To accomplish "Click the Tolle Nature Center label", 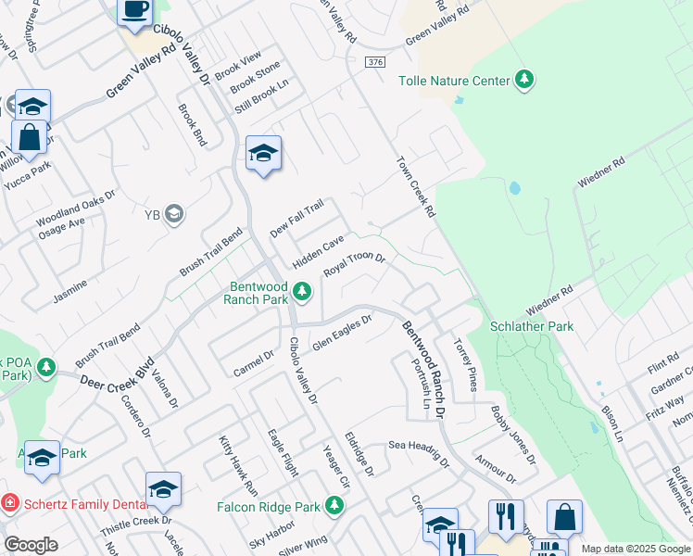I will tap(454, 81).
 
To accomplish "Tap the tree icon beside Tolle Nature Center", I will tap(525, 80).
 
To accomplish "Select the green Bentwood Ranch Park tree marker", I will tap(301, 293).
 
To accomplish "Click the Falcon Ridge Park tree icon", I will tap(334, 506).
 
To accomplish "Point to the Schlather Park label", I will tap(531, 326).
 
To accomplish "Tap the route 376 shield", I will tap(373, 62).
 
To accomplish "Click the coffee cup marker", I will tap(134, 11).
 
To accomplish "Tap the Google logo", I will tap(31, 545).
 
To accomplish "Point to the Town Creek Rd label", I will tap(416, 186).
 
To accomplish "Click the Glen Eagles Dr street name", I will tap(341, 333).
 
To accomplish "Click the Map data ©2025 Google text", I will tap(635, 549).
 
